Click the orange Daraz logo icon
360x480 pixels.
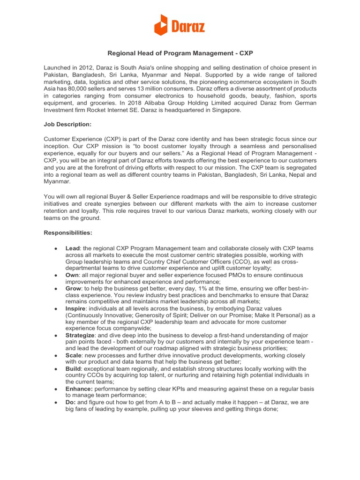160,25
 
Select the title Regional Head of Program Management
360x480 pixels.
180,54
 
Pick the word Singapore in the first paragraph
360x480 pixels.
226,110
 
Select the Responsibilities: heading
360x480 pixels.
68,232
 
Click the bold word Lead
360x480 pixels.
73,248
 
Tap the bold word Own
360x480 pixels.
73,275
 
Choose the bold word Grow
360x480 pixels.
74,288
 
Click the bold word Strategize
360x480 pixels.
80,336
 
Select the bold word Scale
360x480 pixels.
74,356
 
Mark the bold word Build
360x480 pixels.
74,369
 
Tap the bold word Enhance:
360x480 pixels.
79,389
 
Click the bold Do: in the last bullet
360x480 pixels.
70,402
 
